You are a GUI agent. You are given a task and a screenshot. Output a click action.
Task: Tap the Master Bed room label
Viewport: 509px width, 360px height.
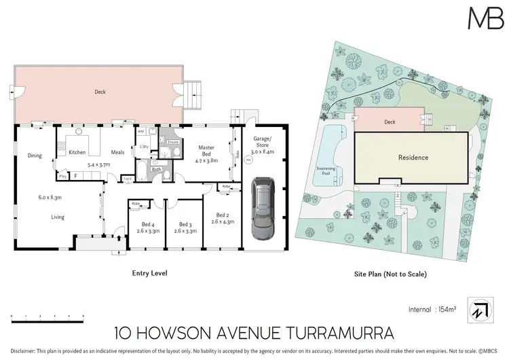tap(206, 151)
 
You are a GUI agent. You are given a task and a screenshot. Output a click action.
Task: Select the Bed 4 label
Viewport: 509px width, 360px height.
tap(143, 223)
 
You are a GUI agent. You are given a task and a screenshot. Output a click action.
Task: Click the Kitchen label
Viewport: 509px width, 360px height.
tap(77, 152)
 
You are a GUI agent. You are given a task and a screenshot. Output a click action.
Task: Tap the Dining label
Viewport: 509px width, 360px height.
tap(35, 156)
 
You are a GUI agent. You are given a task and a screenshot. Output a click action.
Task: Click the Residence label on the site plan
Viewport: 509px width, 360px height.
tap(413, 158)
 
